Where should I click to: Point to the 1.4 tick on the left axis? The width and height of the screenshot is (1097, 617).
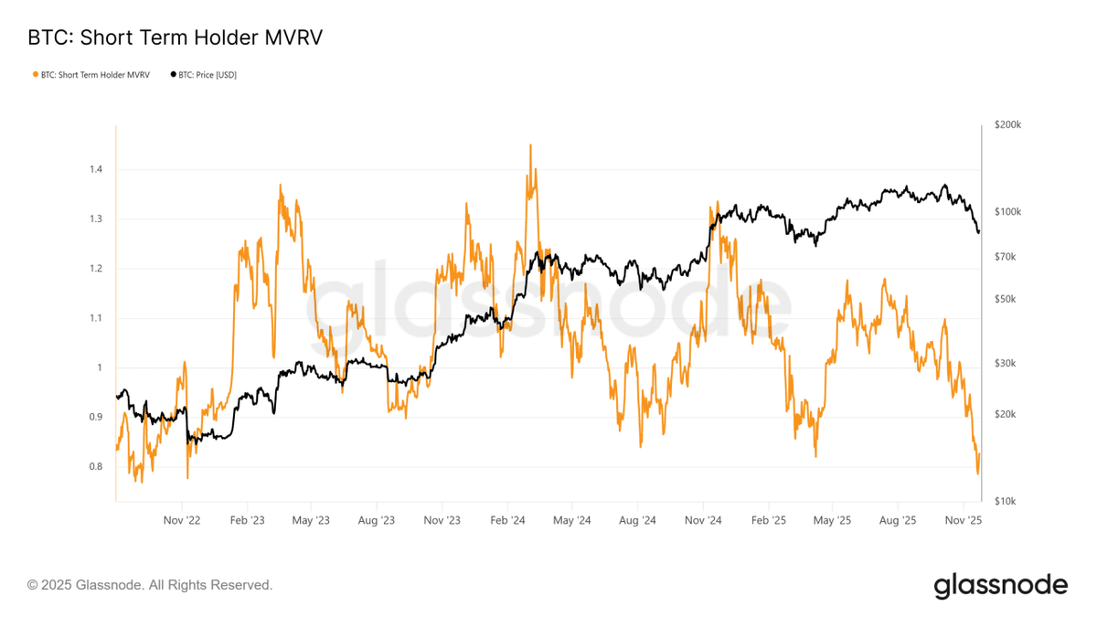click(96, 170)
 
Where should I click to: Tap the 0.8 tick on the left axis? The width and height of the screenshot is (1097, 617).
click(96, 467)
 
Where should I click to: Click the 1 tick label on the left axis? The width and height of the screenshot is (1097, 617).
click(101, 368)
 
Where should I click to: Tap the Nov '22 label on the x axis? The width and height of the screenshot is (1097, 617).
click(182, 521)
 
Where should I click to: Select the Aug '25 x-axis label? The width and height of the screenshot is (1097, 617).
click(898, 521)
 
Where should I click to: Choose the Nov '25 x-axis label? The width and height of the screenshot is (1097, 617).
click(963, 521)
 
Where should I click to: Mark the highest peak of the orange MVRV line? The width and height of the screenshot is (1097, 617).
click(530, 144)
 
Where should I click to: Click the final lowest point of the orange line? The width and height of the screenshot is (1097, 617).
click(977, 473)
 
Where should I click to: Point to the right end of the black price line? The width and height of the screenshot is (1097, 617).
click(979, 232)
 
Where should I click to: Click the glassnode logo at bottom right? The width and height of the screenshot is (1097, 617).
click(1000, 585)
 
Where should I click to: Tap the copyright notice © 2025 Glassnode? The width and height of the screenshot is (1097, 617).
click(150, 585)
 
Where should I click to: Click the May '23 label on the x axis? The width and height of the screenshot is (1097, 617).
click(311, 521)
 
